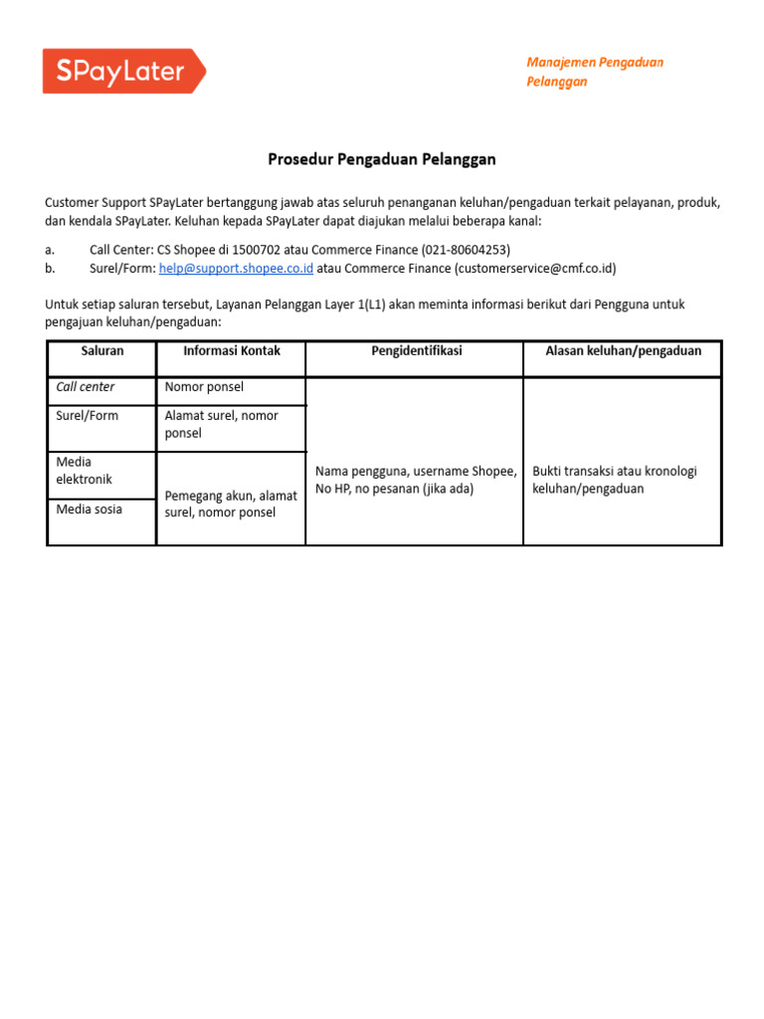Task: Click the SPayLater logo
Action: click(x=123, y=72)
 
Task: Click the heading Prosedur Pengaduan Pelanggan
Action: click(x=382, y=159)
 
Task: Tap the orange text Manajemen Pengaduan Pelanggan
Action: click(x=595, y=72)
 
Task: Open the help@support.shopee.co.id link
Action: click(x=236, y=269)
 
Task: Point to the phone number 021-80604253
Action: click(x=465, y=250)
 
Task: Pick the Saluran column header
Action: click(x=101, y=351)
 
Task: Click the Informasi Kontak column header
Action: click(x=232, y=351)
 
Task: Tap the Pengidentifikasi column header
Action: click(x=415, y=351)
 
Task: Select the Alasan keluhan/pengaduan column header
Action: click(x=623, y=351)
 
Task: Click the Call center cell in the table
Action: click(x=86, y=387)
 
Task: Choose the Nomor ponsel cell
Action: click(x=204, y=387)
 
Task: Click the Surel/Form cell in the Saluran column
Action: click(x=88, y=416)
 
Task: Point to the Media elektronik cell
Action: click(x=85, y=471)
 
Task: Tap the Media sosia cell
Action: click(x=90, y=509)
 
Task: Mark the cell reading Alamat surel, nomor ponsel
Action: click(x=222, y=425)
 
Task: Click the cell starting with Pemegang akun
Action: click(x=231, y=504)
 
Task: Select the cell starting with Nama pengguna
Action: click(x=415, y=480)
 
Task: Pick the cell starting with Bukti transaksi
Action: click(x=615, y=480)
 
